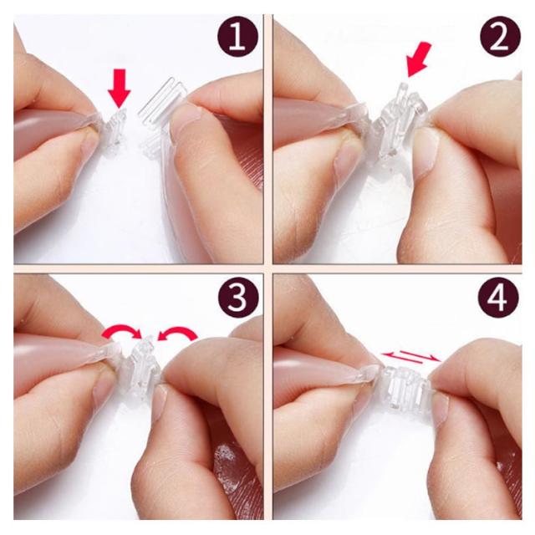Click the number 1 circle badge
237,37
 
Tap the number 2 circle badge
500,37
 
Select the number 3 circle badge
237,298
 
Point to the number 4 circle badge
498,298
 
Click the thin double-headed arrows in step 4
410,357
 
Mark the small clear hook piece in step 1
115,127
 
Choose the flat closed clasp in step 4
405,385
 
